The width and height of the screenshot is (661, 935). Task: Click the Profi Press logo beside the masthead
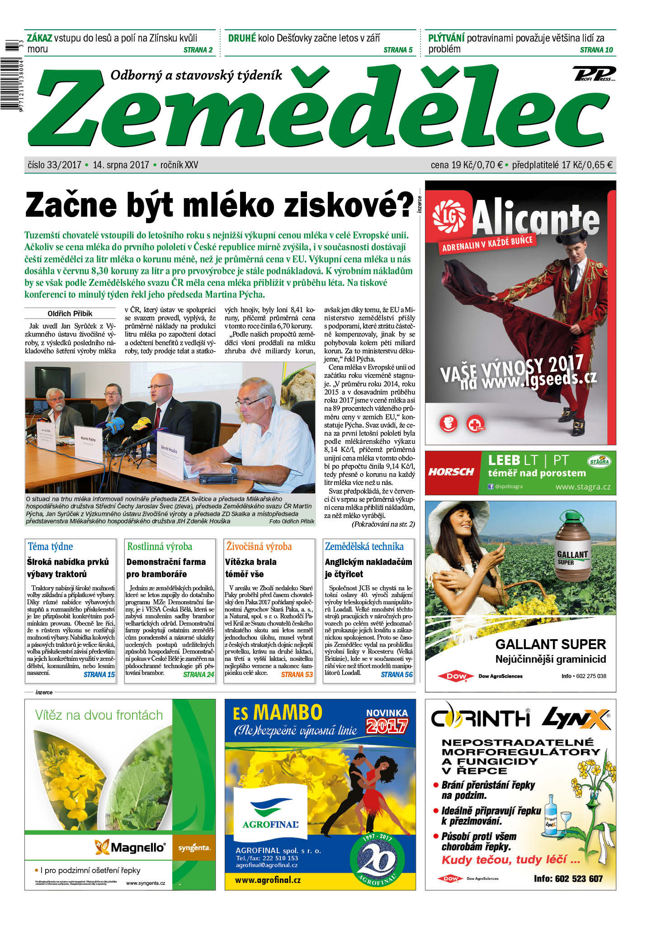594,74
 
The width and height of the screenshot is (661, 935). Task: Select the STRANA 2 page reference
198,50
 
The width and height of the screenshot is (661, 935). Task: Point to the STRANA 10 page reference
596,50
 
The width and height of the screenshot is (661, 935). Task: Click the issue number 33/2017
64,165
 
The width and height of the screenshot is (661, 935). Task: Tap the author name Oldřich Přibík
70,313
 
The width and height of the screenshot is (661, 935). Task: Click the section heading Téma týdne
50,546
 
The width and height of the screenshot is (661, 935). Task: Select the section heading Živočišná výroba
259,546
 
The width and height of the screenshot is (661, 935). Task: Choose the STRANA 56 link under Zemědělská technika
397,674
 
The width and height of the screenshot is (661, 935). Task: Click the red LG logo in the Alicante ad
448,215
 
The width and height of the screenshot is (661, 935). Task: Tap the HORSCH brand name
451,472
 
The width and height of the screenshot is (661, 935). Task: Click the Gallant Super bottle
572,546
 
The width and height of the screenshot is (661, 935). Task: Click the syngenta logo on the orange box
194,847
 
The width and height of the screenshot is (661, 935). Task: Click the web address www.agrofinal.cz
268,880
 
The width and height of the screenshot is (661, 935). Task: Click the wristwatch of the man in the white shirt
233,470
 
